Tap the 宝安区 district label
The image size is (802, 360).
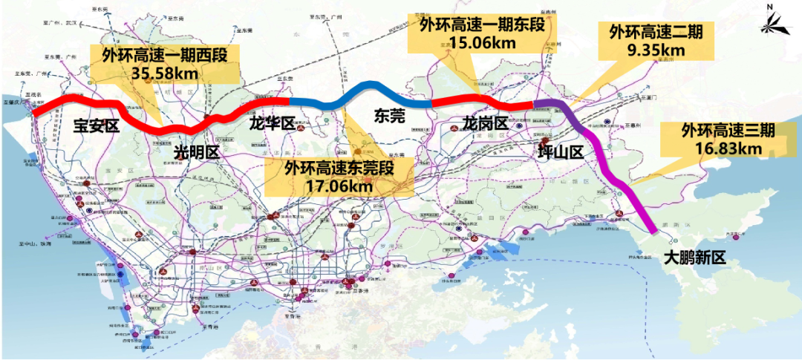click(x=96, y=125)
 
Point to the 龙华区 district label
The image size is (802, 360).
click(x=272, y=123)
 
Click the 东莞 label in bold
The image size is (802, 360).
click(x=390, y=116)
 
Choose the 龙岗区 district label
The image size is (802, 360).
click(x=484, y=122)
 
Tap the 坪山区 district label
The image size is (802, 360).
click(x=561, y=151)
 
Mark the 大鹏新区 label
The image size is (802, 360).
click(x=694, y=258)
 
